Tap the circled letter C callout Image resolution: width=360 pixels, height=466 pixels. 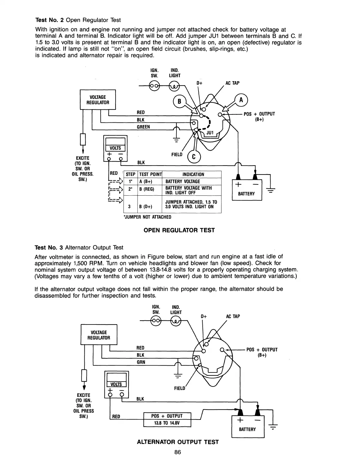[194, 157]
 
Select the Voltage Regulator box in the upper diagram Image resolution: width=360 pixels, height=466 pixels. [98, 100]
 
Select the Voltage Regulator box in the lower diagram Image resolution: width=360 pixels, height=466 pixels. [99, 335]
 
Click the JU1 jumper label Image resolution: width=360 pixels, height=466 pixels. [210, 133]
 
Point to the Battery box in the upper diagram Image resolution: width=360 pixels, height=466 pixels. [247, 189]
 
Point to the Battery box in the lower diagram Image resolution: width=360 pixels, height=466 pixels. [248, 426]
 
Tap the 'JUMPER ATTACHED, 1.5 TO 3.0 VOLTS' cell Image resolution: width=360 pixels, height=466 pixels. [191, 204]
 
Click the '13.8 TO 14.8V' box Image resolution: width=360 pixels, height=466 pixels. [167, 423]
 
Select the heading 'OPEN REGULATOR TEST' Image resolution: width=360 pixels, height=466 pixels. [179, 230]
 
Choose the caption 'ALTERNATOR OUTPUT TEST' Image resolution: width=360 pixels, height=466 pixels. [178, 442]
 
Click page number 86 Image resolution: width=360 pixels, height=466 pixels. [177, 452]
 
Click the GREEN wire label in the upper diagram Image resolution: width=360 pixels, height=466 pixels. [143, 127]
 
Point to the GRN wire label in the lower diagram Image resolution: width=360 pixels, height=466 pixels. [141, 362]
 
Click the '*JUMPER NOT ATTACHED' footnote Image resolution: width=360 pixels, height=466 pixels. [148, 217]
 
